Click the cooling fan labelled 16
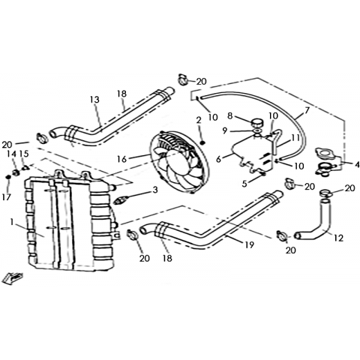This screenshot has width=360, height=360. point(179,162)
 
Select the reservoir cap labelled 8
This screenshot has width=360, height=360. point(256,124)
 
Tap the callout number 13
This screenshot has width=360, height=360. point(95,100)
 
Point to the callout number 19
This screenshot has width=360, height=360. point(250,245)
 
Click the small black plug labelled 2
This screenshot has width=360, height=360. point(203,142)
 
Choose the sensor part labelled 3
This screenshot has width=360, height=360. point(121,199)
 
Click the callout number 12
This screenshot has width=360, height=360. point(338,238)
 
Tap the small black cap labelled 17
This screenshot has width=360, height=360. point(8,177)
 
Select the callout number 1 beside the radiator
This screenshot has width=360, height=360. point(11,221)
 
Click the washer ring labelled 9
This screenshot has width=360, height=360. point(258,131)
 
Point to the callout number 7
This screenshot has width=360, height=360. point(307,110)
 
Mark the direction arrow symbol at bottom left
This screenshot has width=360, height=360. point(12,278)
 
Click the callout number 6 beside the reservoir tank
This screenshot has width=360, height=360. point(219,159)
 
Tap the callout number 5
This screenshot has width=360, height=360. point(244,184)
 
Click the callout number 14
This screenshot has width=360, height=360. point(11,154)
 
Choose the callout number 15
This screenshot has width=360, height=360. point(24,154)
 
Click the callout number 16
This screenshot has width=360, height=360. point(122,159)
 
